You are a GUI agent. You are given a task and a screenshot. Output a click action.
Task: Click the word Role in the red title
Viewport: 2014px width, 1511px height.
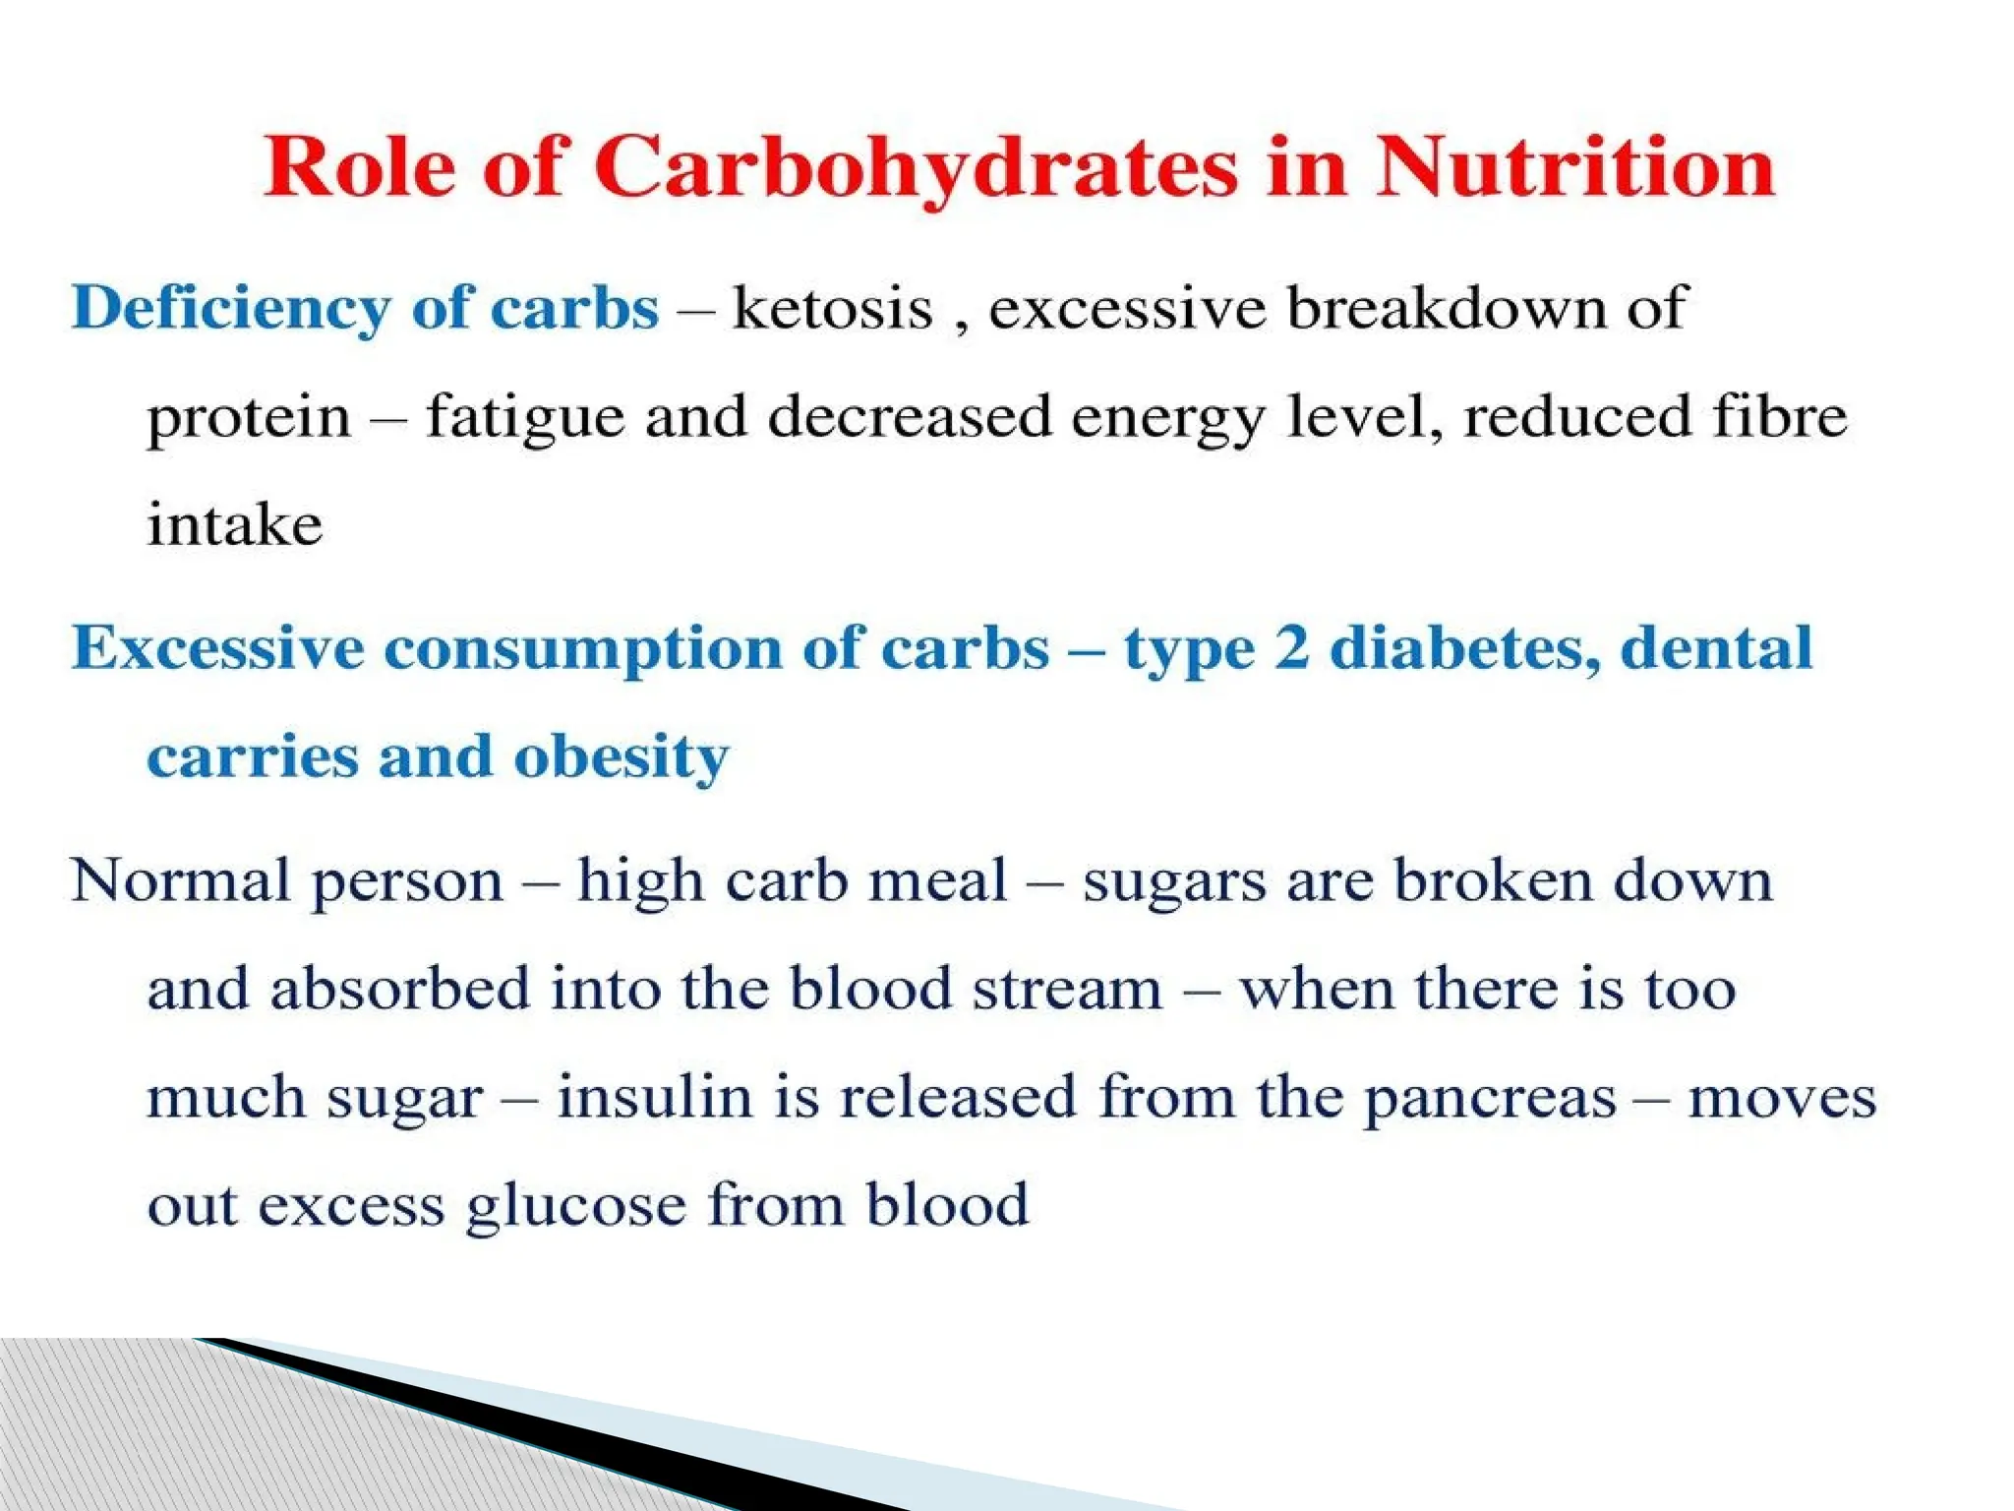[x=359, y=167]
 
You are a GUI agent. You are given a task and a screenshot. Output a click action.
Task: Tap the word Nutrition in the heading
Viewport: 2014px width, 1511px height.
[x=1574, y=167]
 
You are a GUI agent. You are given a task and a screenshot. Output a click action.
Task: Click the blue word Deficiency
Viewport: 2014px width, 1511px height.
[x=230, y=310]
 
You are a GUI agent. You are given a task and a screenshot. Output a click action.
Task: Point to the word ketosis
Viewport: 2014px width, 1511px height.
[x=832, y=309]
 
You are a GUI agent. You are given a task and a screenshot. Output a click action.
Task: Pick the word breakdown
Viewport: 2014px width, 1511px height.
[x=1446, y=309]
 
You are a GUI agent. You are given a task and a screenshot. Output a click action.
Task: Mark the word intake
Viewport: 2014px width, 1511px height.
[x=235, y=524]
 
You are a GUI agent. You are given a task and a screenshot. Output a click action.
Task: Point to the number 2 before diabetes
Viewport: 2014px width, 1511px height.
[x=1292, y=648]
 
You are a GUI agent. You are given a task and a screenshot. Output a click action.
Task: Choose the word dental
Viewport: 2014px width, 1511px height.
[x=1716, y=648]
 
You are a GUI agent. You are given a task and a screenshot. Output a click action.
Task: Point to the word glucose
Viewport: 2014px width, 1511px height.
[x=576, y=1206]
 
